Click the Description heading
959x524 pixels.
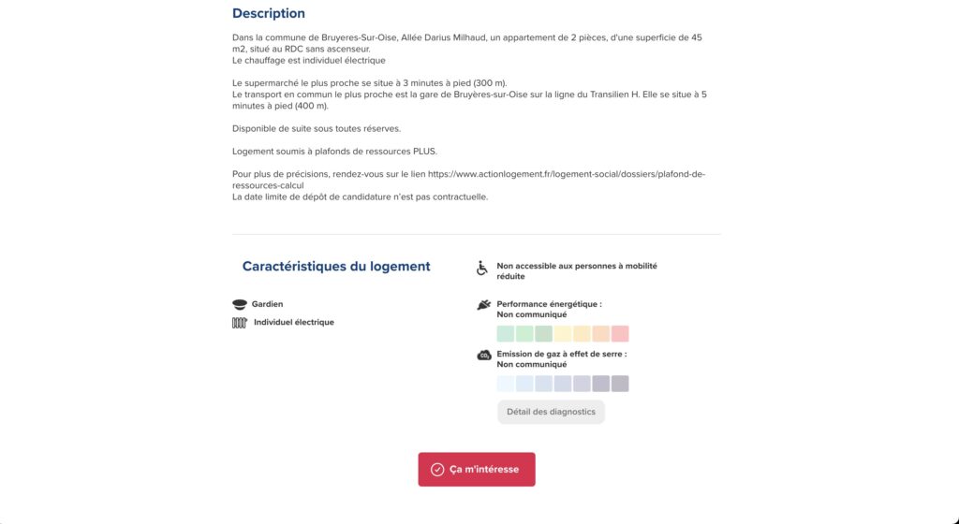[269, 14]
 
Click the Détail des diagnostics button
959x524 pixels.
[551, 412]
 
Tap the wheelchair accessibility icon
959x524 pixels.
[482, 269]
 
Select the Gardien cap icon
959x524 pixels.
[239, 304]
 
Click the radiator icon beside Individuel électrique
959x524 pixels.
[239, 323]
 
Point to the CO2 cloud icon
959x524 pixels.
[483, 355]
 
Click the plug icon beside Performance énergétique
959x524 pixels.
[483, 304]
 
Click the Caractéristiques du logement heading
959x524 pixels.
[336, 267]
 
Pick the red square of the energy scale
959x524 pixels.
[620, 334]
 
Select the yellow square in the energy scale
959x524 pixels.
[563, 334]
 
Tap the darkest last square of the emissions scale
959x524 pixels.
[620, 384]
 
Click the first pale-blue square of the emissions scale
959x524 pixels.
[506, 384]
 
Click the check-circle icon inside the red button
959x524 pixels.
[437, 470]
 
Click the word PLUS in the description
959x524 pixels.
[425, 152]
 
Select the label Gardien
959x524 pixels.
[267, 304]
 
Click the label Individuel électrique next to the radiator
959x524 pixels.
[293, 323]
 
